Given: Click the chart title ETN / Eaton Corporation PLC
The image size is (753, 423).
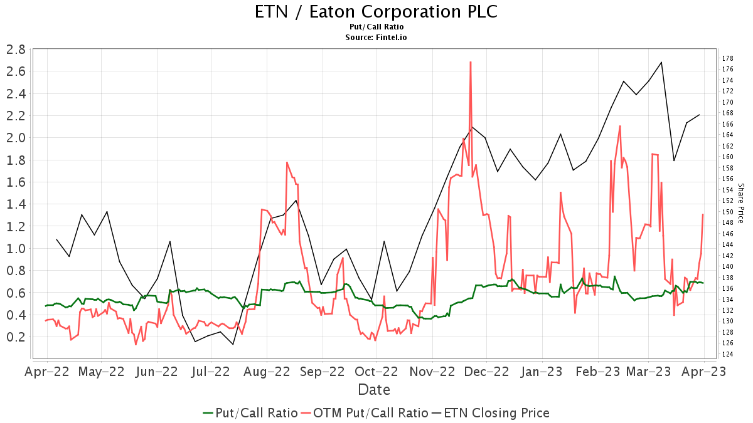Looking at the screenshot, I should coord(376,12).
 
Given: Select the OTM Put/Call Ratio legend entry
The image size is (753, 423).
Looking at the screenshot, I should coord(365,413).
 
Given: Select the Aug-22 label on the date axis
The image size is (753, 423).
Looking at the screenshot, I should coord(267,372).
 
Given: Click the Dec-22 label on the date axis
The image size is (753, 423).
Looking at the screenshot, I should coord(488,372).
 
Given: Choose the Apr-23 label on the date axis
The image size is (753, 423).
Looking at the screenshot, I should coord(703,372).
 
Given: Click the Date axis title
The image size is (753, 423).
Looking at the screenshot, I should coord(374,390).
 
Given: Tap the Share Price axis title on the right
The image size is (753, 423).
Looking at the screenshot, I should coord(740,203).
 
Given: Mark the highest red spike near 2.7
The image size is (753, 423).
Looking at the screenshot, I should coord(470,62).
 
